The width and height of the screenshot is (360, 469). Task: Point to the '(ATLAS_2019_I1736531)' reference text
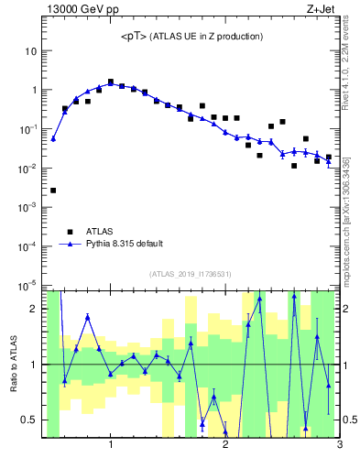click(191, 273)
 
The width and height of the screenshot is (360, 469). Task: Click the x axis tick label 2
click(225, 446)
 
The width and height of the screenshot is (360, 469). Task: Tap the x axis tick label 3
click(339, 446)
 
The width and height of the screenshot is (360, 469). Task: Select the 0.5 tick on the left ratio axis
click(29, 420)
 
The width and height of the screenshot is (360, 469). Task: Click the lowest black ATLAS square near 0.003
click(53, 191)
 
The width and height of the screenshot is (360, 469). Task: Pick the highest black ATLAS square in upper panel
click(111, 82)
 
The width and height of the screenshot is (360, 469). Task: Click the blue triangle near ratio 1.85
click(88, 317)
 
